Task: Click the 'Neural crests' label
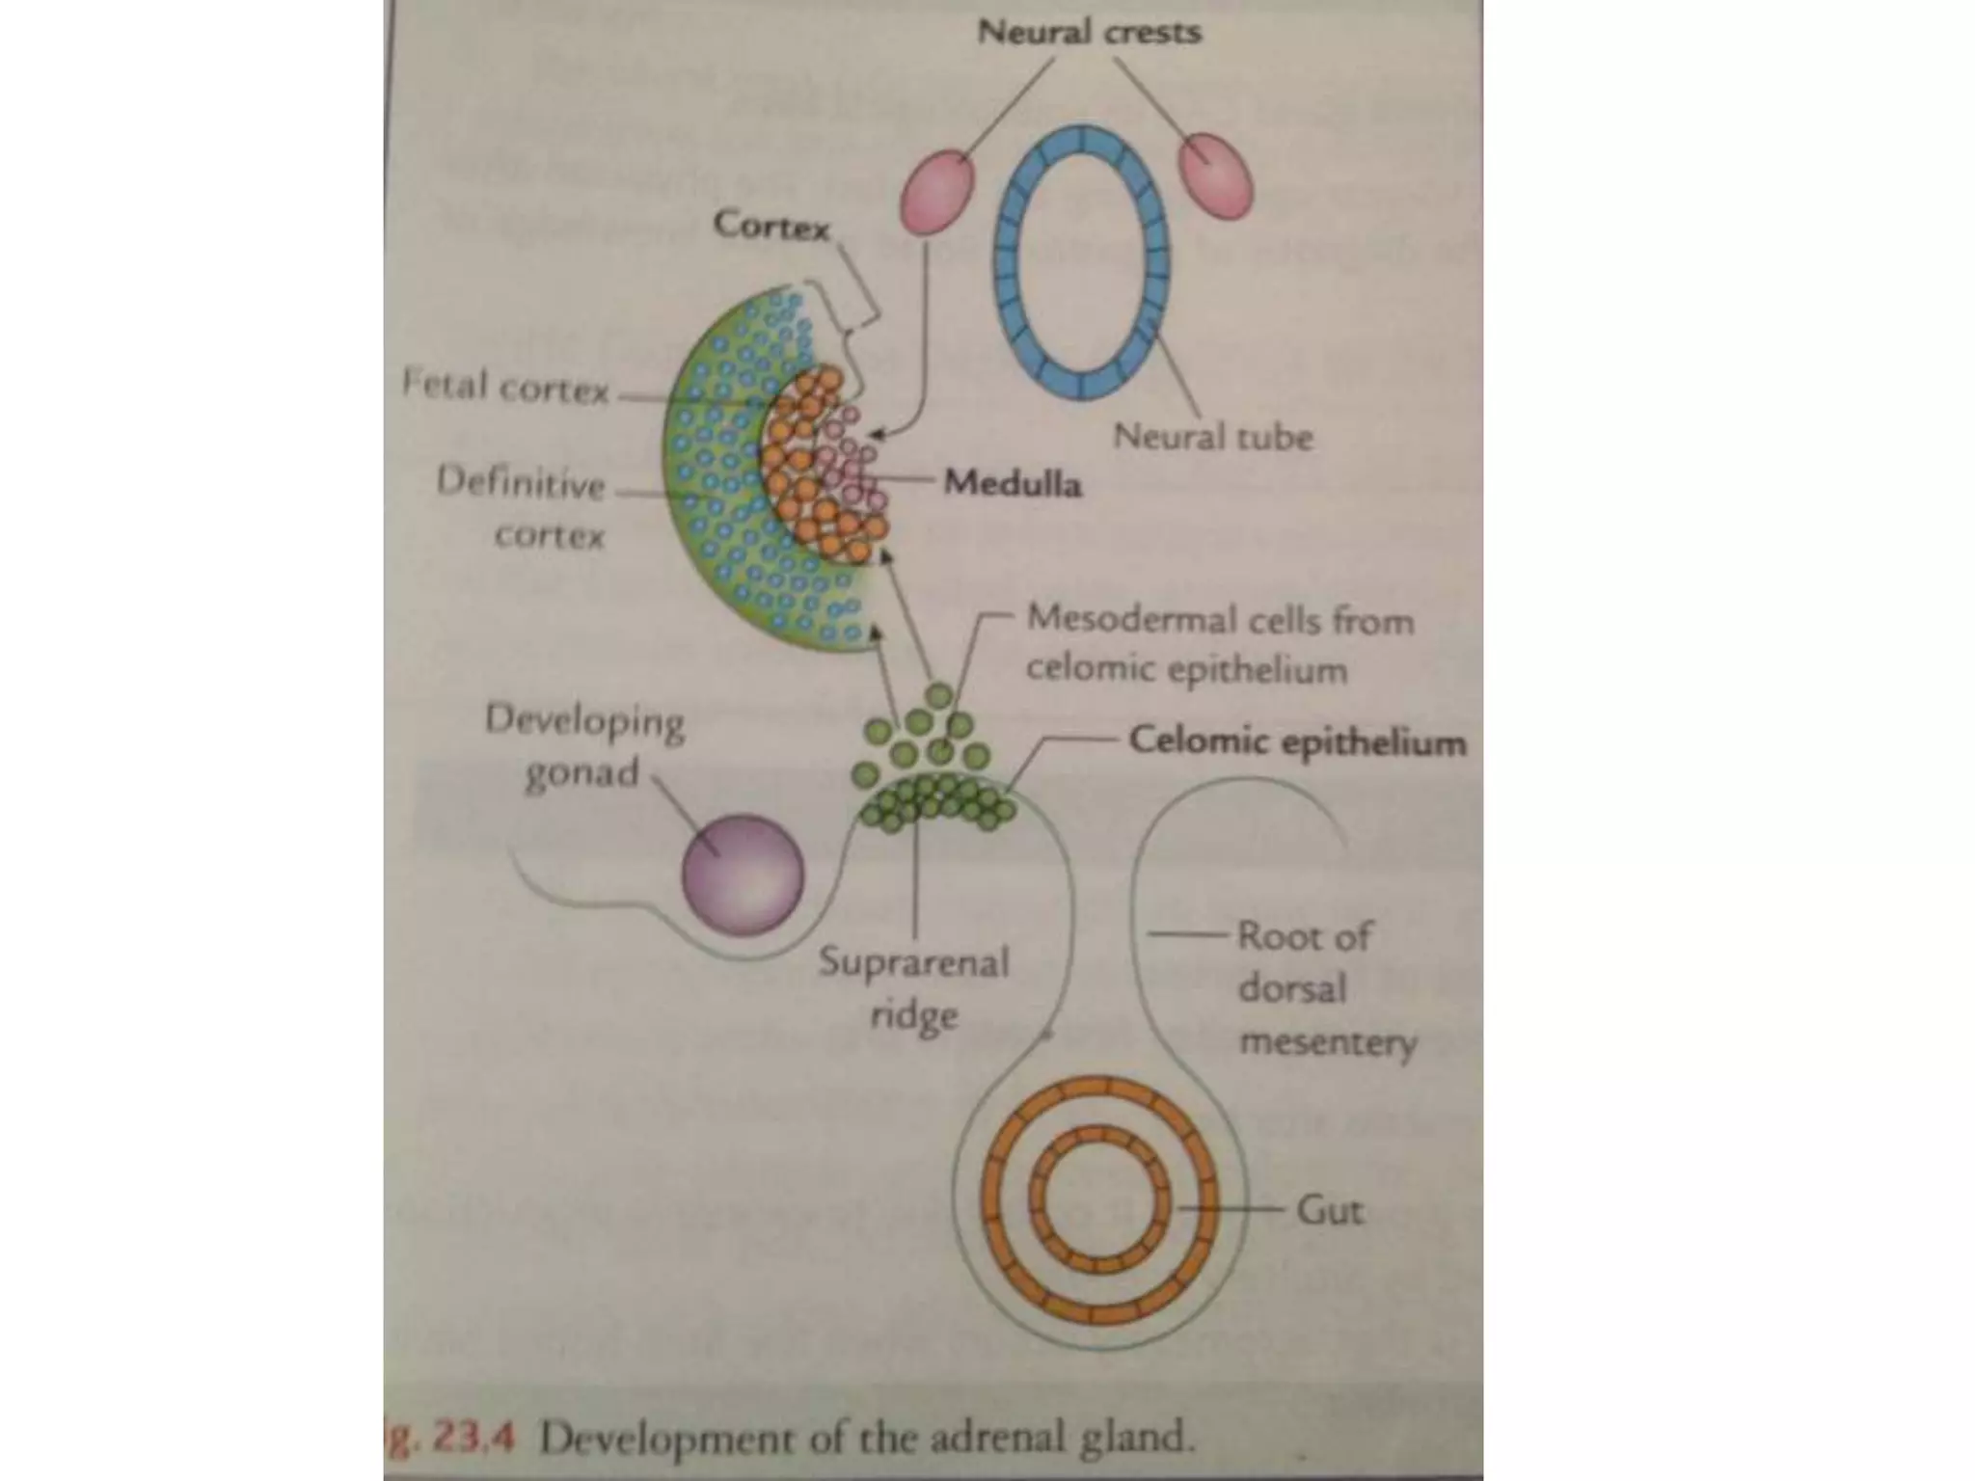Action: tap(1089, 32)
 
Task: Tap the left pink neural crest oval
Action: tap(937, 192)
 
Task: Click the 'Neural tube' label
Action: tap(1212, 437)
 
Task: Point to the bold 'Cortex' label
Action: tap(771, 227)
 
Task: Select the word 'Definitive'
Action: tap(521, 481)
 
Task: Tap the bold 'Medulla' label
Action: tap(1012, 482)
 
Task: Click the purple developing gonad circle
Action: tap(743, 875)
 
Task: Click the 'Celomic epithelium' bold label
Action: tap(1297, 741)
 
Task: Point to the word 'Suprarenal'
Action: tap(913, 962)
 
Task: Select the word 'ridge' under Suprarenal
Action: tap(913, 1015)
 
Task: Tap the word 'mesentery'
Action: tap(1328, 1042)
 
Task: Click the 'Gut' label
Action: tap(1329, 1209)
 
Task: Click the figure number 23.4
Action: tap(473, 1439)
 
